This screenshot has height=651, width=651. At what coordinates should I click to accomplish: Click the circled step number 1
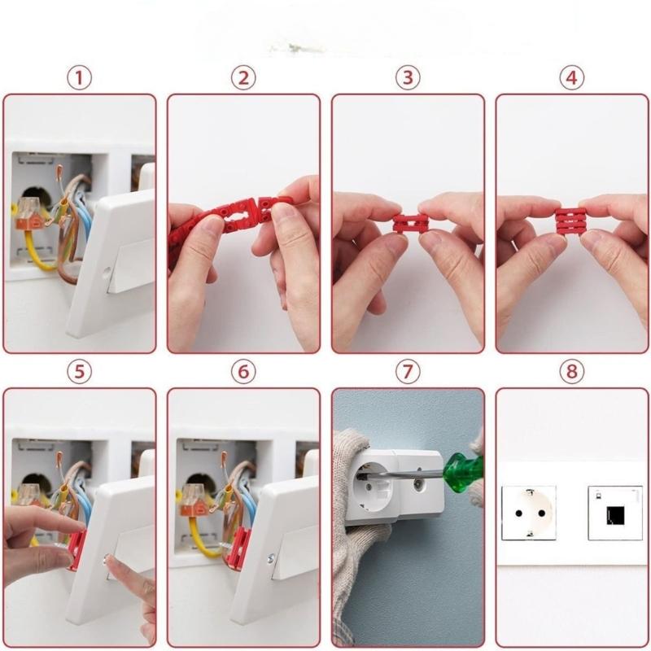coord(79,78)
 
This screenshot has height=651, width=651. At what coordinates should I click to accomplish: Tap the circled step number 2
coord(243,78)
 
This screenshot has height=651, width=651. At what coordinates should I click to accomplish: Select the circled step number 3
coord(408,78)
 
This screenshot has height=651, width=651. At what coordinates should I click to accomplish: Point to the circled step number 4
coord(572,78)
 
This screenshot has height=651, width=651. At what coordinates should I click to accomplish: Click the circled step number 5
coord(79,372)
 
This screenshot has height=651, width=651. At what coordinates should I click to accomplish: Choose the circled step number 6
coord(243,372)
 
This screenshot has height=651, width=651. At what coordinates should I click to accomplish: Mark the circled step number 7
coord(408,372)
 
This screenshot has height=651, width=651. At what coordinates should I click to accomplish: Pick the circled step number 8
coord(572,372)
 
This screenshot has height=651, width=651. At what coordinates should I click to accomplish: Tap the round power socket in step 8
coord(529,513)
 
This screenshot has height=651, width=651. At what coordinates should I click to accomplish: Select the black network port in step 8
coord(615,513)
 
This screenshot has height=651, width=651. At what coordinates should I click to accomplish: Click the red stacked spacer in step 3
coord(410,223)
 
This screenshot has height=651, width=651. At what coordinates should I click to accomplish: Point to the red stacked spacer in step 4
coord(571,220)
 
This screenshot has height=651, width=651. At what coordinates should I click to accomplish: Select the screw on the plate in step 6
coord(269,559)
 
